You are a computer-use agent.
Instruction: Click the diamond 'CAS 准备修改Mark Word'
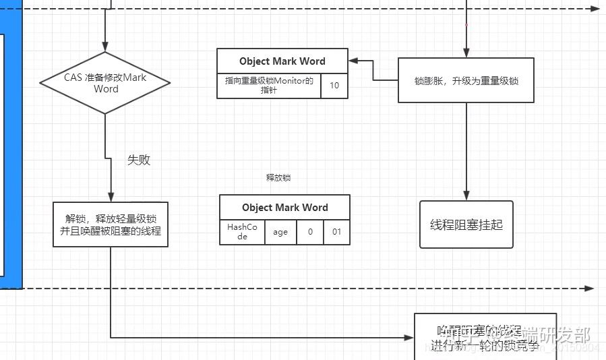105,83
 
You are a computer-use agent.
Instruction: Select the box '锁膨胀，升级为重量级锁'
466,80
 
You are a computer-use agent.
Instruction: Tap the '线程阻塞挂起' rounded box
466,224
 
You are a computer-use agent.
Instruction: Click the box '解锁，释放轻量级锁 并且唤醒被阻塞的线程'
110,224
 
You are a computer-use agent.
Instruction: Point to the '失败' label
138,160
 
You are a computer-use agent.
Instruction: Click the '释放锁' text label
278,178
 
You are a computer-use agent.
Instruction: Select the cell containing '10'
334,86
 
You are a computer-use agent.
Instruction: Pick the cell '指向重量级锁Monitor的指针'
269,86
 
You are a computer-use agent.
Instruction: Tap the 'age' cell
280,232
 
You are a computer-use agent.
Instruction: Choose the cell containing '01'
336,232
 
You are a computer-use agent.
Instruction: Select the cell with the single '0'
310,232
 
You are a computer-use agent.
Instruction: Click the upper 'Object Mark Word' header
282,61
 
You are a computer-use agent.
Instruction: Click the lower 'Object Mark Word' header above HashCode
284,208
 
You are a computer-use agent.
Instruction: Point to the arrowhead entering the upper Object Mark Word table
353,61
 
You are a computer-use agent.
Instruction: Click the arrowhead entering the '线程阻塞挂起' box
466,196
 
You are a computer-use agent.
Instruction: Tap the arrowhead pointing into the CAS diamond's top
105,47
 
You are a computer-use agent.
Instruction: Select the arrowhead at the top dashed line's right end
594,9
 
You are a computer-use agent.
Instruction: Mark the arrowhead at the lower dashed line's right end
589,288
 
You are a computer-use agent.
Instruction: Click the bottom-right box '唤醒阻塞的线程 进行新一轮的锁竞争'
485,337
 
